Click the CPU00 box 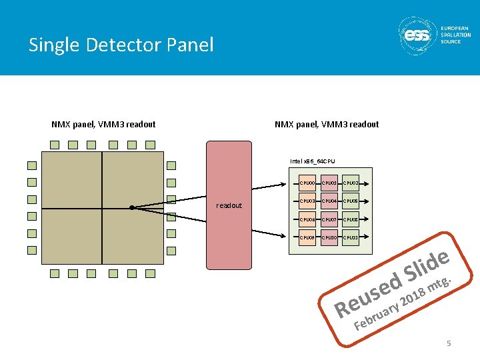[307, 183]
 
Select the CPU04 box [328, 201]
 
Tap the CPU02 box [350, 183]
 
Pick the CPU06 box [307, 219]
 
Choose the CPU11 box [350, 237]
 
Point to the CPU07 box [328, 219]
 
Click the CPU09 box [307, 237]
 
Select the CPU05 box [350, 201]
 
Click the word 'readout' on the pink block [229, 205]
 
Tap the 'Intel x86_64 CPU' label [313, 161]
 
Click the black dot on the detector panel [132, 207]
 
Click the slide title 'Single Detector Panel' [121, 45]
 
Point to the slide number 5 [449, 343]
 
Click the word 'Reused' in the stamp [367, 294]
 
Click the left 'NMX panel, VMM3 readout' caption [103, 124]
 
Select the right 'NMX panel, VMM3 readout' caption [327, 124]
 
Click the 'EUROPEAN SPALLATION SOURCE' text [455, 35]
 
